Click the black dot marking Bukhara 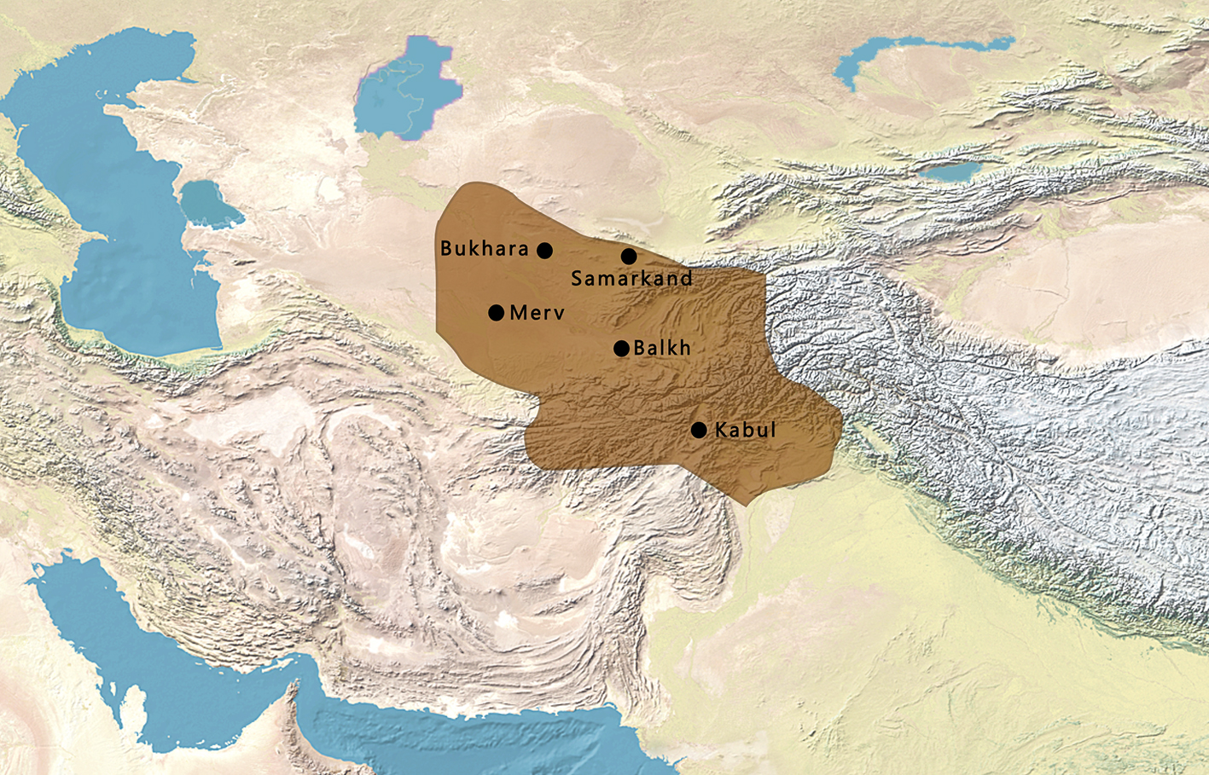click(544, 251)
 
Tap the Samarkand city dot click(629, 257)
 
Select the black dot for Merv click(496, 313)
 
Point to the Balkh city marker click(621, 348)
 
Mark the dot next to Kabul click(699, 430)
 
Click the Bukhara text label click(485, 249)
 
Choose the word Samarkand click(631, 279)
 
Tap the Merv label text click(537, 313)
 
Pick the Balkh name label click(662, 348)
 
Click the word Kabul click(746, 430)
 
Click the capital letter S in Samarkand click(577, 279)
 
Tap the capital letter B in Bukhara click(446, 249)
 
